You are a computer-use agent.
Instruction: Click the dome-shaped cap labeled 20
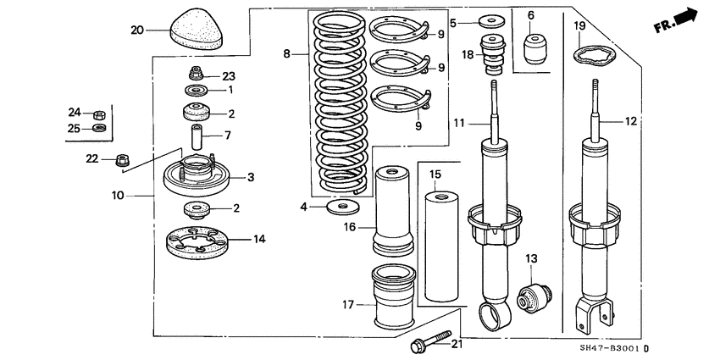click(x=197, y=33)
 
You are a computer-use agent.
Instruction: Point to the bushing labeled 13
click(x=533, y=296)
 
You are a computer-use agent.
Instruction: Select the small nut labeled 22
click(x=121, y=158)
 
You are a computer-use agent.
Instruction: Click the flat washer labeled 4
click(x=341, y=206)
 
